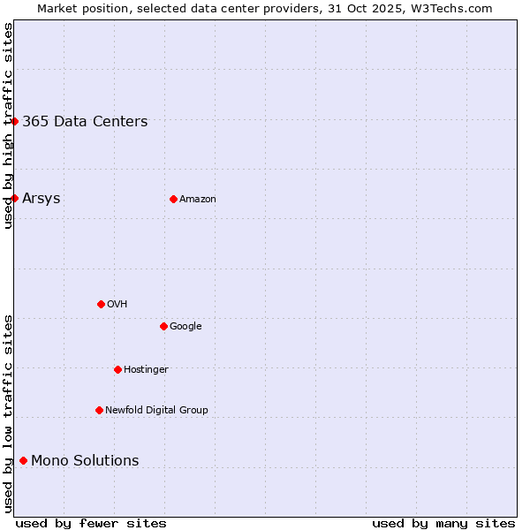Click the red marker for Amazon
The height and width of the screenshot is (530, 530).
pyautogui.click(x=173, y=199)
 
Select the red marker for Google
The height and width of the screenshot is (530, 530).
pyautogui.click(x=163, y=326)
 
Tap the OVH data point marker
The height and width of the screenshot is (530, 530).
pyautogui.click(x=101, y=304)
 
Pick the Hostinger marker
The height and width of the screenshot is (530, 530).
pyautogui.click(x=117, y=369)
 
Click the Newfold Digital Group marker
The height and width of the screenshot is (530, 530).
pyautogui.click(x=99, y=410)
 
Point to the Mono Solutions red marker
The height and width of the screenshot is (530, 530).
pyautogui.click(x=23, y=460)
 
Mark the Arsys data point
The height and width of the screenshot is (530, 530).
pyautogui.click(x=14, y=198)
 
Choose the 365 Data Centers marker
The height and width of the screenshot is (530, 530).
pyautogui.click(x=14, y=121)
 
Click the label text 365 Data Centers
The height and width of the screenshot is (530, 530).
pyautogui.click(x=85, y=122)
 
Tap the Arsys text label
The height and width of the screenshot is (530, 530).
pyautogui.click(x=42, y=198)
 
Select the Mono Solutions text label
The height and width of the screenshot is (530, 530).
pyautogui.click(x=85, y=460)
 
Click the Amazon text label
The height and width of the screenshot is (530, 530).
pyautogui.click(x=198, y=200)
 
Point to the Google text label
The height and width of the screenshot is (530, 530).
pyautogui.click(x=185, y=327)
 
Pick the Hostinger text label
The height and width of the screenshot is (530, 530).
pyautogui.click(x=146, y=370)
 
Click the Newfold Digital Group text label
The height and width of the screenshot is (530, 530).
pyautogui.click(x=156, y=411)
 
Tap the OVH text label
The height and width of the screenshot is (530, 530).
pyautogui.click(x=117, y=305)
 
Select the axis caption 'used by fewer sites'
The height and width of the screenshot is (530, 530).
pyautogui.click(x=91, y=523)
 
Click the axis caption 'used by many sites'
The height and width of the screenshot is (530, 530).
pyautogui.click(x=443, y=523)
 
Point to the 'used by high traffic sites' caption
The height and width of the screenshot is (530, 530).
pyautogui.click(x=8, y=125)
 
